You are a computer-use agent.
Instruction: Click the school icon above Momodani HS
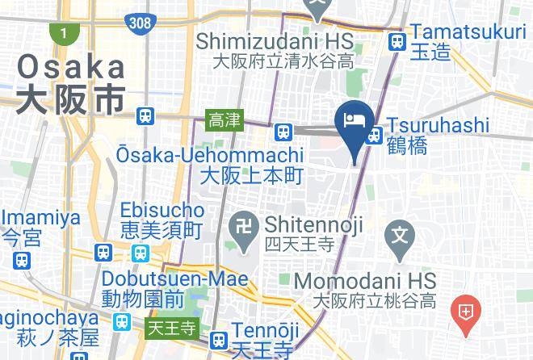pos(399,236)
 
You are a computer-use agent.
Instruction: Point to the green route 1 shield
pos(61,34)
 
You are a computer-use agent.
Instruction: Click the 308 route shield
pos(140,22)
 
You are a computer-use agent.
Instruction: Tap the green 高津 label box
pos(224,120)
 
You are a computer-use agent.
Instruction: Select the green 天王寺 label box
pos(171,329)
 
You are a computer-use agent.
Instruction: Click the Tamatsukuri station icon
pos(396,42)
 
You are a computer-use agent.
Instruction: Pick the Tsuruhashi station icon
pos(372,136)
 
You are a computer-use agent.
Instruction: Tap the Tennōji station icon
pos(216,341)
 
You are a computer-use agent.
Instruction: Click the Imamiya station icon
pos(22,260)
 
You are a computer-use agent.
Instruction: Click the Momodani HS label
pos(365,282)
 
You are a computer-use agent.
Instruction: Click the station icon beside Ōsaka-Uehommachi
pos(282,131)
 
